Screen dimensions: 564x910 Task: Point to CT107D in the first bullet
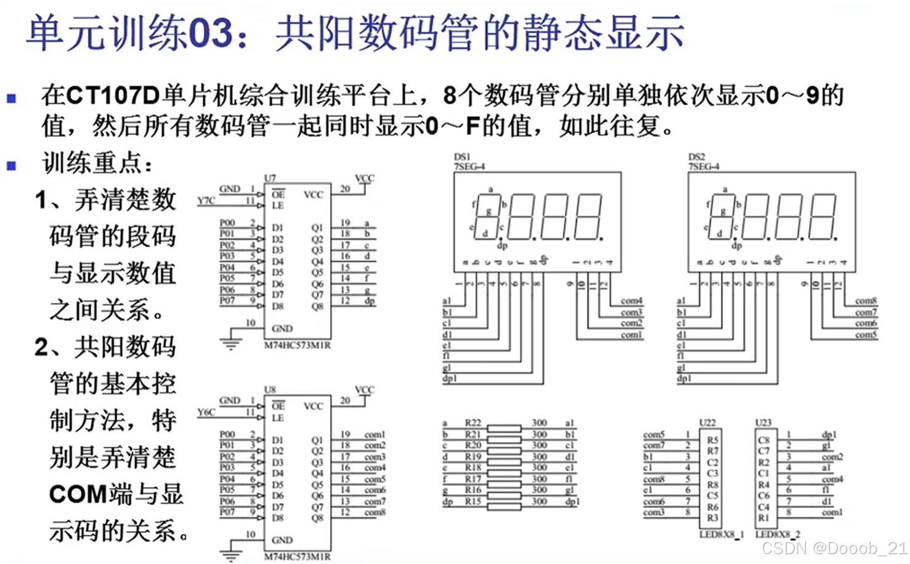point(112,96)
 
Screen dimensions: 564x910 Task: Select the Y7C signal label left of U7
point(206,200)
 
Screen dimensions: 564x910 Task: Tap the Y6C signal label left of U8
point(206,412)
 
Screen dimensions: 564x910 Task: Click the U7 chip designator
point(270,178)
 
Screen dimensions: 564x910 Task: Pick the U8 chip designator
point(270,390)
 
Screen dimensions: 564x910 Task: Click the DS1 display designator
point(461,157)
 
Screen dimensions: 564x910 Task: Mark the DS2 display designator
point(696,157)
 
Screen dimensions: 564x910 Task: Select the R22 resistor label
point(473,423)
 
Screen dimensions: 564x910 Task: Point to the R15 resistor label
point(473,501)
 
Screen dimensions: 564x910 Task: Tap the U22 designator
point(707,423)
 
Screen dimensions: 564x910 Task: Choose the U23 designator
point(763,423)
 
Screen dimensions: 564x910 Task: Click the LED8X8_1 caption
point(721,534)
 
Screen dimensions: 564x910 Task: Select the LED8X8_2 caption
point(778,534)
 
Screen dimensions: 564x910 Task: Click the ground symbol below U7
point(231,343)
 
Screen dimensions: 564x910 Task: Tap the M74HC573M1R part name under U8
point(297,557)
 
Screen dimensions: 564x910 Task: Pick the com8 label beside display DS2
point(865,301)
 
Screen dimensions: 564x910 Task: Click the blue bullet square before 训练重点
point(11,165)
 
